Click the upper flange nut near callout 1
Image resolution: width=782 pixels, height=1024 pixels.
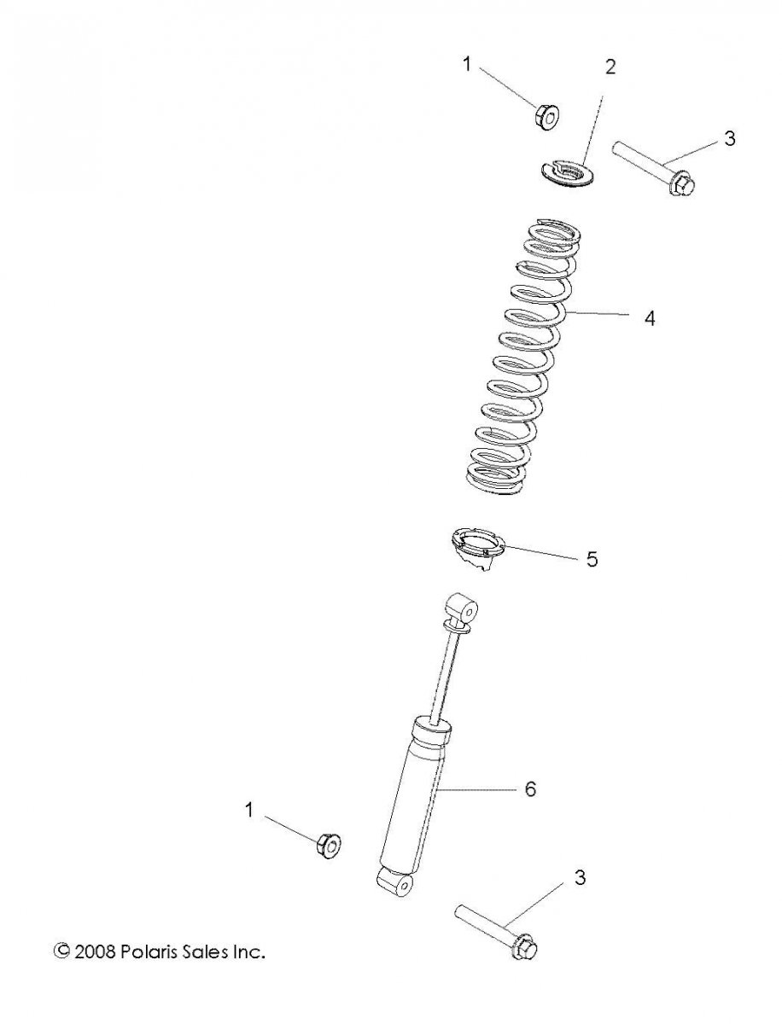coord(546,117)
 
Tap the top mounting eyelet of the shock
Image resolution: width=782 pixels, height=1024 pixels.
coord(462,608)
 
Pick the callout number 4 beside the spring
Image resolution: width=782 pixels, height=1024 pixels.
coord(650,318)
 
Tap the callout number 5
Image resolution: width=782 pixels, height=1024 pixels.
coord(592,558)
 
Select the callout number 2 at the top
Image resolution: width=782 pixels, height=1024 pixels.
coord(610,67)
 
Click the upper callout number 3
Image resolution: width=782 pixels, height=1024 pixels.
coord(729,138)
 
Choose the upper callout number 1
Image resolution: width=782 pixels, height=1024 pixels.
coord(467,64)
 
